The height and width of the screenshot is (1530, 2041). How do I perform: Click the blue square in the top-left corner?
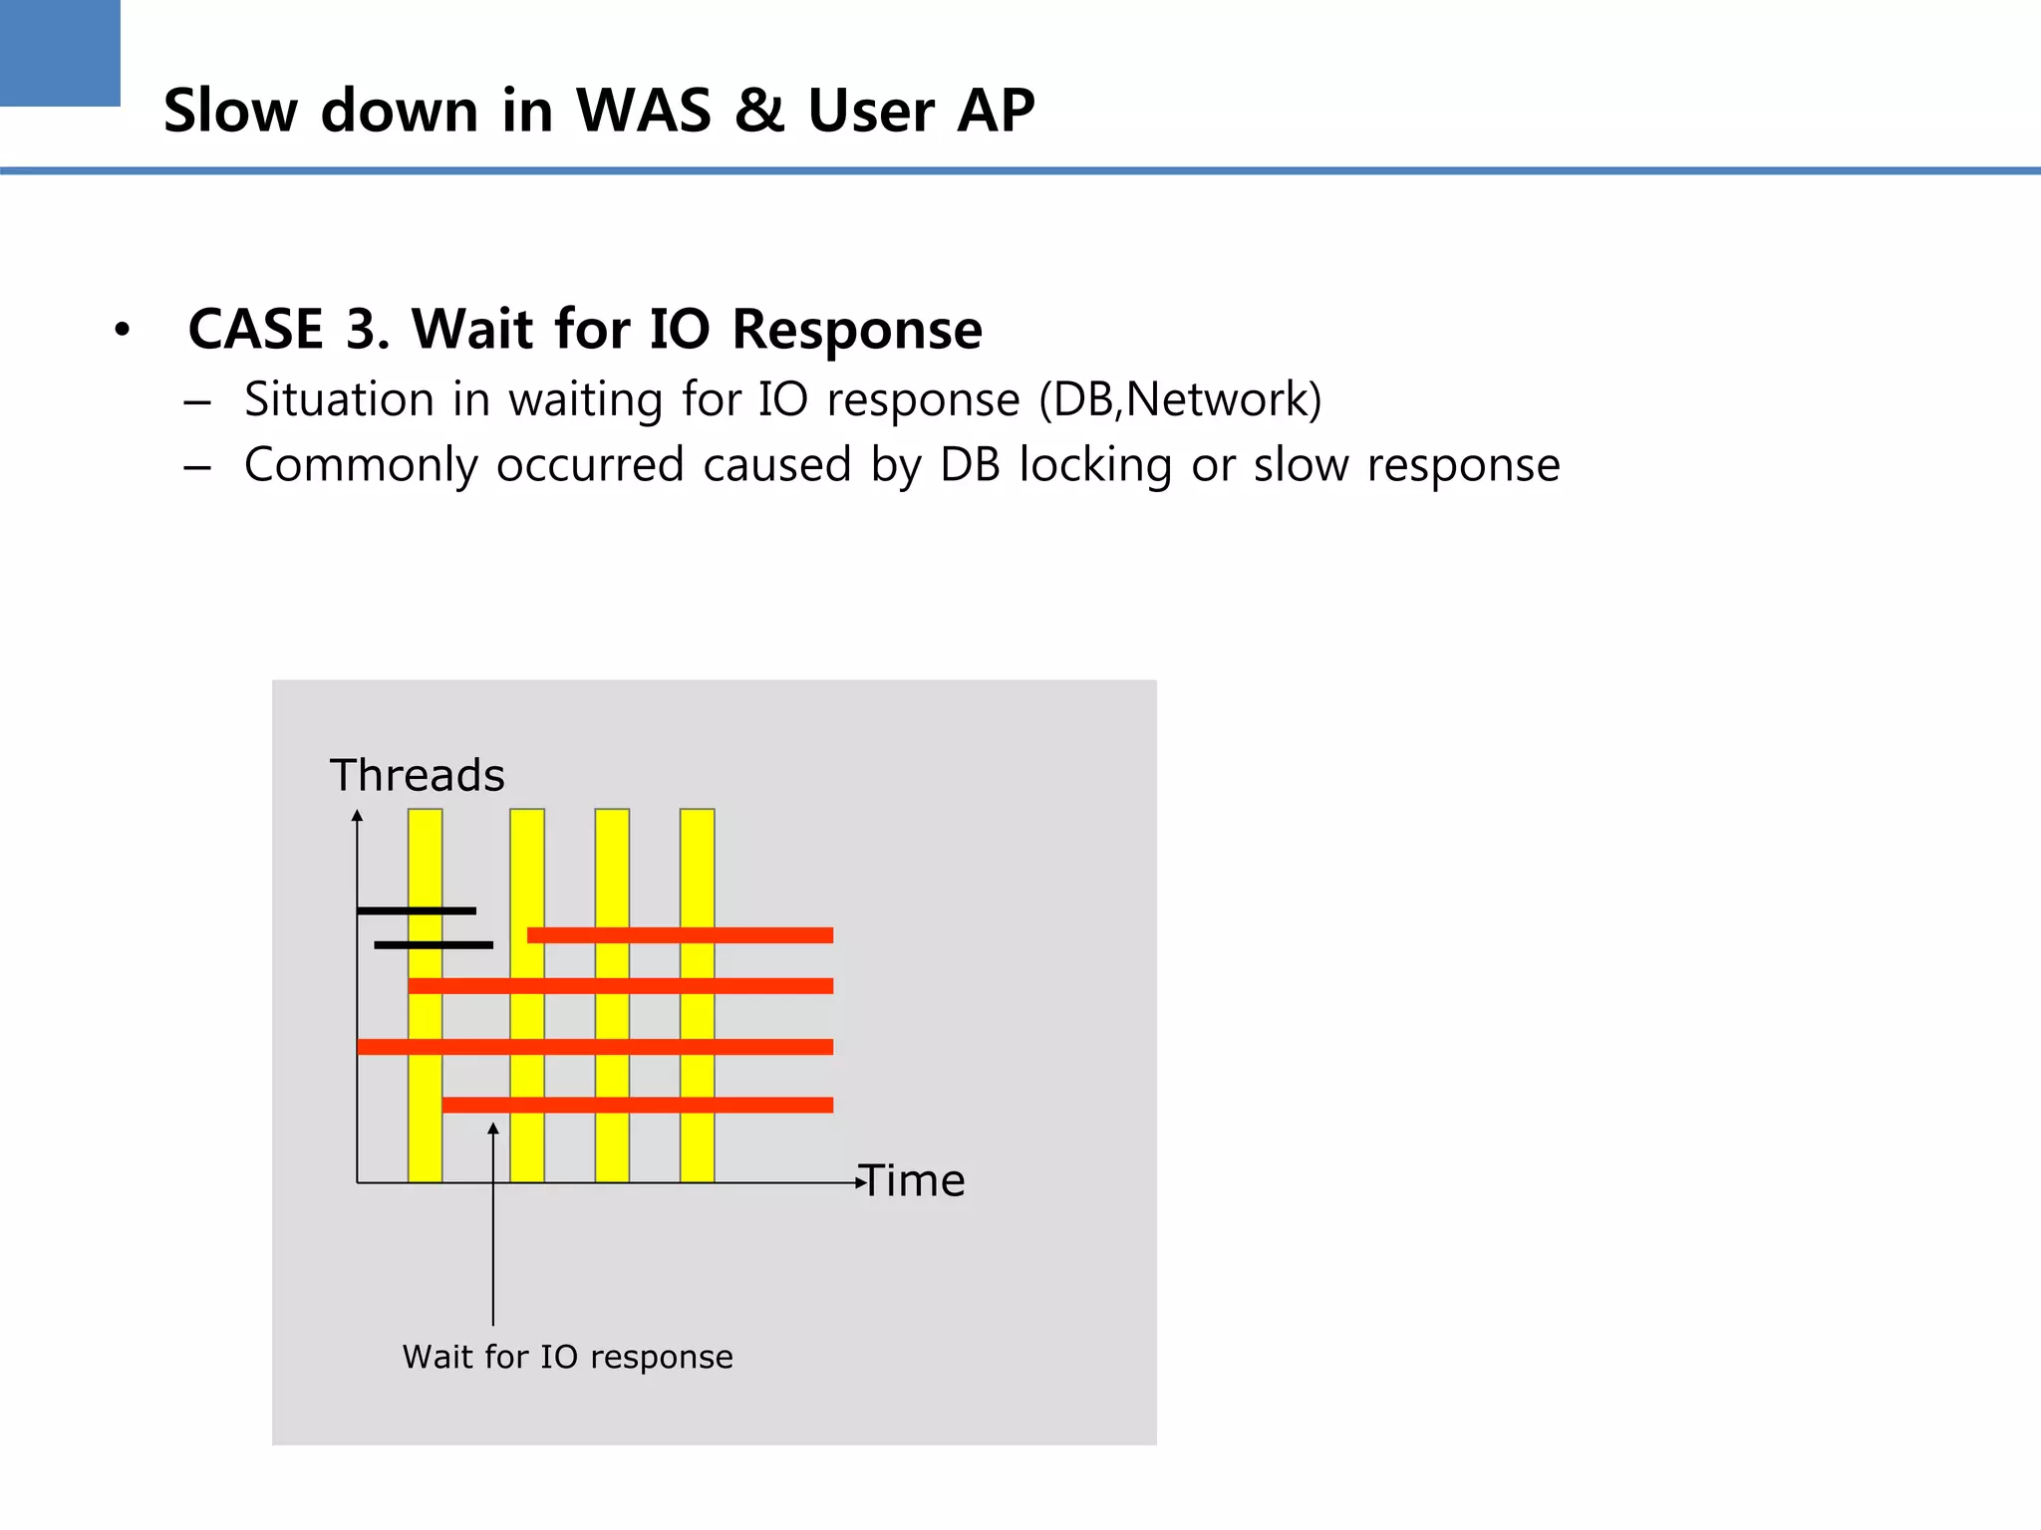point(60,52)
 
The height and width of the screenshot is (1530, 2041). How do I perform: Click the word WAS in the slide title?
point(643,110)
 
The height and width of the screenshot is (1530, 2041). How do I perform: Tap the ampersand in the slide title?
point(759,110)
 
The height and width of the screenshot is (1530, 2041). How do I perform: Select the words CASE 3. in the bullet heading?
point(288,329)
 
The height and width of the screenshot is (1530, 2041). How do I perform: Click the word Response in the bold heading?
point(857,331)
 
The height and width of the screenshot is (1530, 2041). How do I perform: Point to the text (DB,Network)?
point(1180,400)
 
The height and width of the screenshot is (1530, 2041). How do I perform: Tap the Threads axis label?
point(417,775)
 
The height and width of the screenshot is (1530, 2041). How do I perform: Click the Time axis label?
point(913,1181)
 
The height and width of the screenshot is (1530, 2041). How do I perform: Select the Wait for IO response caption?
point(567,1357)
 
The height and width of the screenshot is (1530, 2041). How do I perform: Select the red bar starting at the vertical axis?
point(595,1047)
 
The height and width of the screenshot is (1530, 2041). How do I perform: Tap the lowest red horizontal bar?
point(638,1105)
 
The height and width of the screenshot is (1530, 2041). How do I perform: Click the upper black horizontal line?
point(416,910)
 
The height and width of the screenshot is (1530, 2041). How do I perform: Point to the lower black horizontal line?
point(434,944)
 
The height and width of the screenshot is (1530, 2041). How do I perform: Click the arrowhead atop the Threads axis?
point(357,816)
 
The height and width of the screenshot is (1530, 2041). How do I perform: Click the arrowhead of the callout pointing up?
point(492,1129)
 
